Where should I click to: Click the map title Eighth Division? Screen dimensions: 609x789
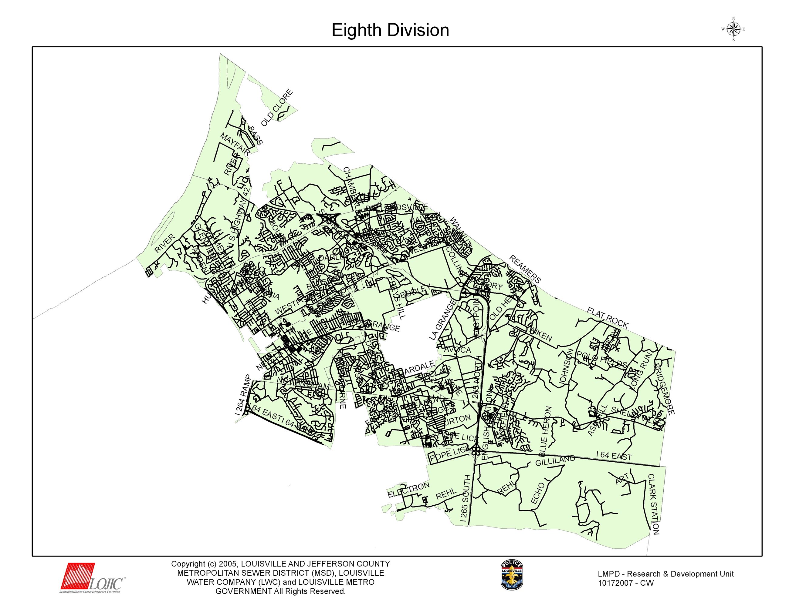[x=390, y=30]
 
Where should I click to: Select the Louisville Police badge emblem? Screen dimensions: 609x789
[x=512, y=575]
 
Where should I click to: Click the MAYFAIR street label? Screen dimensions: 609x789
[x=235, y=144]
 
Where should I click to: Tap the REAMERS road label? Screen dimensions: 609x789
[x=525, y=269]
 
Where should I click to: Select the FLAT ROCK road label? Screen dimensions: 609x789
[x=608, y=317]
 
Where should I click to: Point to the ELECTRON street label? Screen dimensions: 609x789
[x=408, y=490]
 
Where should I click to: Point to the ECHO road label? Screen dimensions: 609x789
[x=537, y=493]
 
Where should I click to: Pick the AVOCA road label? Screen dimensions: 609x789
[x=457, y=350]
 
